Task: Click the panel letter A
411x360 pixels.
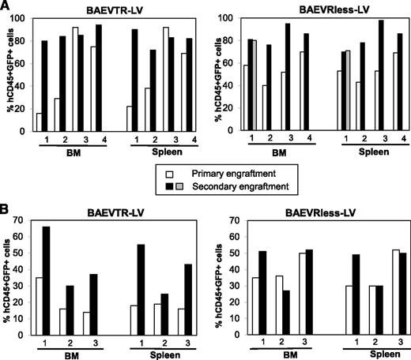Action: (7, 7)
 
